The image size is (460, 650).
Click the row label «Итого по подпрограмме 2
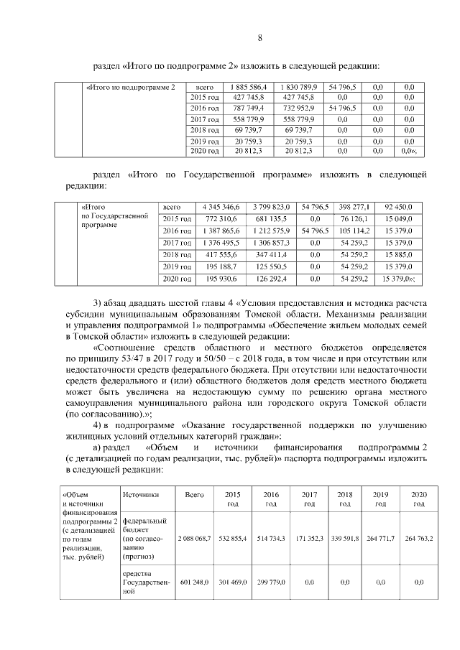point(130,87)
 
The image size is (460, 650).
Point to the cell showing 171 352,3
point(309,538)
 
